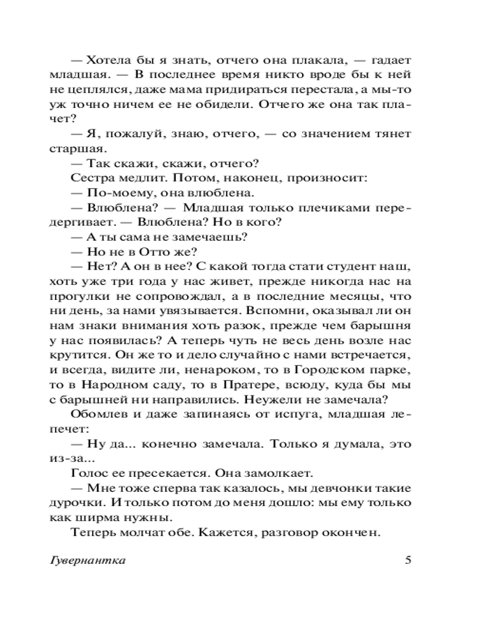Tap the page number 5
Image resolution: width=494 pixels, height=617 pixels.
pyautogui.click(x=407, y=561)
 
